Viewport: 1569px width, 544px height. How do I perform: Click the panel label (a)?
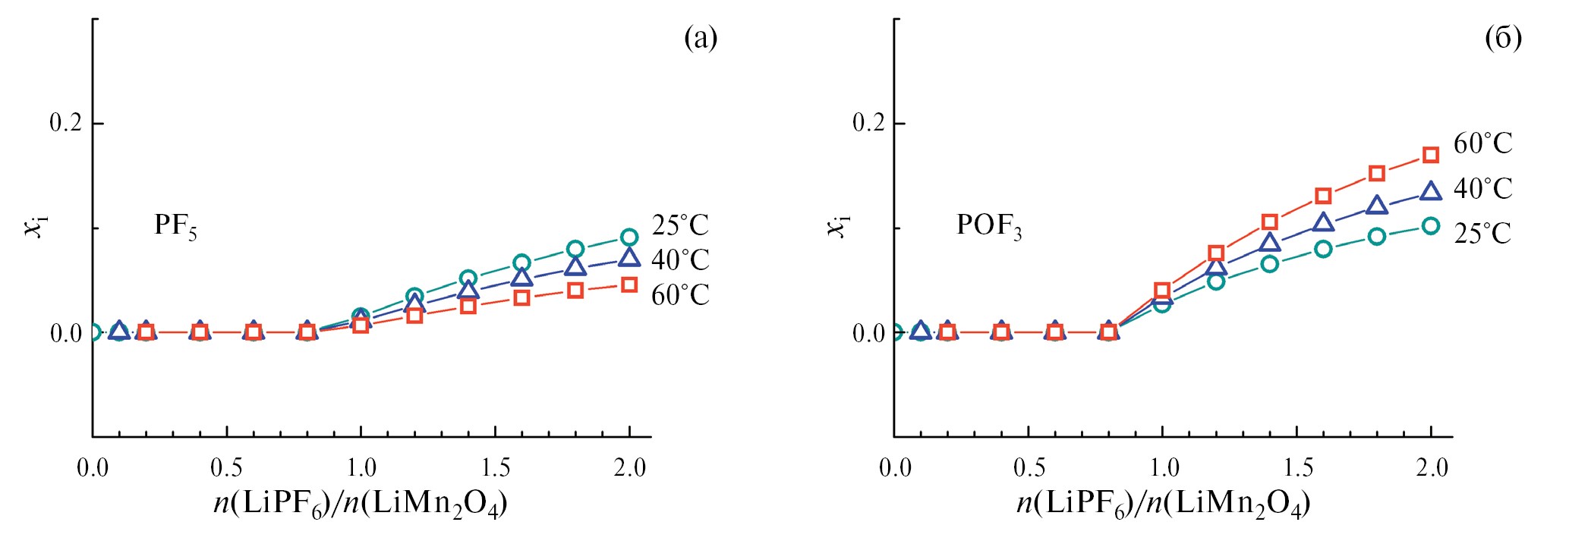(x=700, y=38)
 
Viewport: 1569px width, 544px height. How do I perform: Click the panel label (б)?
(x=1503, y=38)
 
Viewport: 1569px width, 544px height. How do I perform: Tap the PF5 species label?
(x=175, y=226)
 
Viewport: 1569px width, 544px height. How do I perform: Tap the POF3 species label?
(x=988, y=226)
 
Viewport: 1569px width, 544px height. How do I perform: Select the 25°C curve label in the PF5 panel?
(x=680, y=225)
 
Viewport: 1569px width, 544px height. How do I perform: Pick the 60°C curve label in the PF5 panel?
(x=680, y=294)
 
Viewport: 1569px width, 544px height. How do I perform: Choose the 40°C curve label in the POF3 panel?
(x=1482, y=188)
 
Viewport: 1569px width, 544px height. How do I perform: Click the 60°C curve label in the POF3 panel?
(x=1482, y=143)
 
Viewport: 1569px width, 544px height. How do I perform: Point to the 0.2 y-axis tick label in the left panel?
(x=66, y=122)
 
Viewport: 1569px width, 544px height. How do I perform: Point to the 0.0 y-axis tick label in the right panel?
(x=869, y=333)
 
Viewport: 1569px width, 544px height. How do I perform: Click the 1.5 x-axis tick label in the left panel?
(x=495, y=467)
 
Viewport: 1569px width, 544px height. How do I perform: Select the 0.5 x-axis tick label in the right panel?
(x=1029, y=467)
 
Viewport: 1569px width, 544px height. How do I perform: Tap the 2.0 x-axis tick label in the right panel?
(x=1432, y=467)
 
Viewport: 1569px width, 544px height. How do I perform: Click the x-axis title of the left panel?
(x=361, y=504)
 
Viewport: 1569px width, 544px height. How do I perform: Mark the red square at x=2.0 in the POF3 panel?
(x=1431, y=156)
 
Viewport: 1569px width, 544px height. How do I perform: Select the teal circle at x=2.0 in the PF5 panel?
(x=629, y=237)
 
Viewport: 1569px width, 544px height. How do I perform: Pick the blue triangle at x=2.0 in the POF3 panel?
(x=1431, y=191)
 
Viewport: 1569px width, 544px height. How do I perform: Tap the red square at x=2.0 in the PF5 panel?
(x=629, y=285)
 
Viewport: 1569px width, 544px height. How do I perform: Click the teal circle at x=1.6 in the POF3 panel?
(x=1323, y=249)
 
